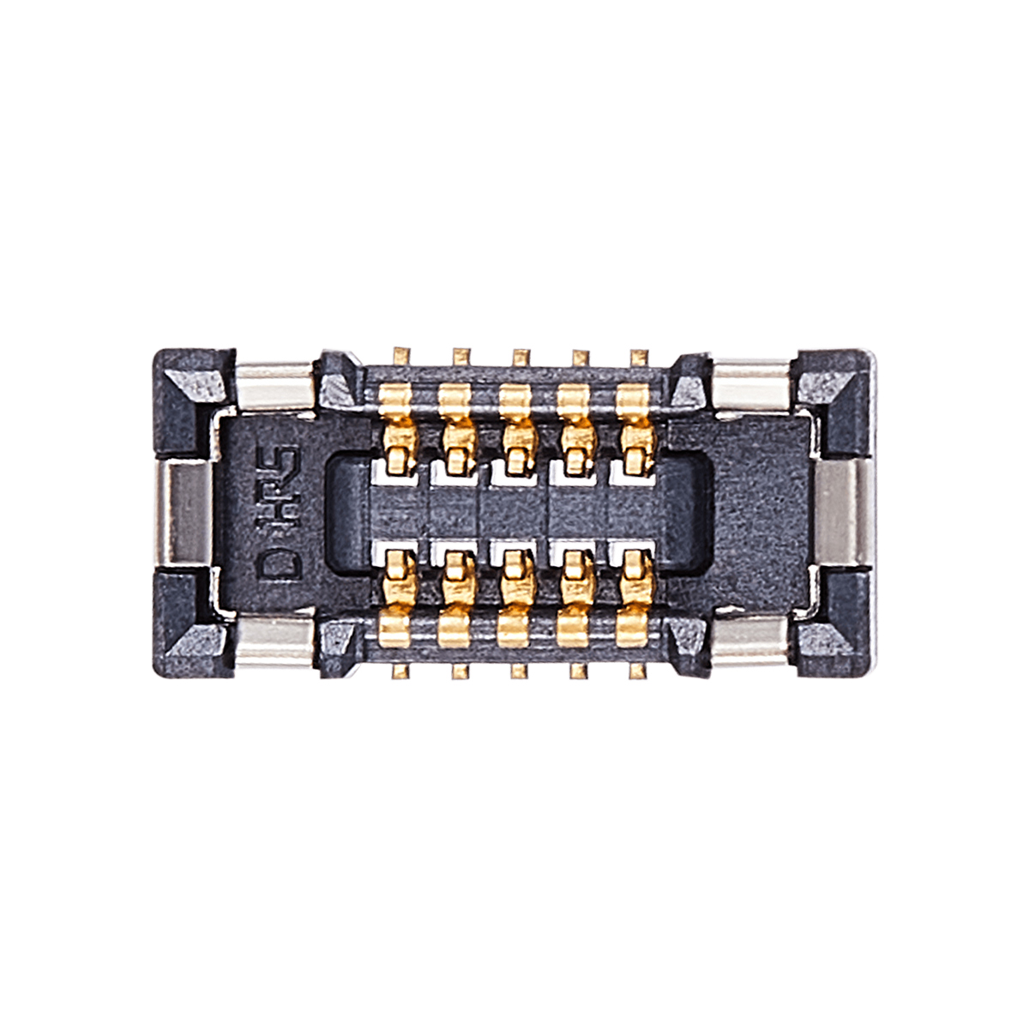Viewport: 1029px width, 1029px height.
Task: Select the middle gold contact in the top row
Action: [516, 430]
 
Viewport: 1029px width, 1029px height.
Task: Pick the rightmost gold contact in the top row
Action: [635, 430]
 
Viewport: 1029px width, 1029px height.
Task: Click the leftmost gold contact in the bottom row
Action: [397, 599]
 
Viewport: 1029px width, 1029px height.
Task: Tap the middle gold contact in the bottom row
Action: [516, 599]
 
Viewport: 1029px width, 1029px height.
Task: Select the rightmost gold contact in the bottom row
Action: [635, 599]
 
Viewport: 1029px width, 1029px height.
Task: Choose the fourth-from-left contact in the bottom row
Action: [575, 599]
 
